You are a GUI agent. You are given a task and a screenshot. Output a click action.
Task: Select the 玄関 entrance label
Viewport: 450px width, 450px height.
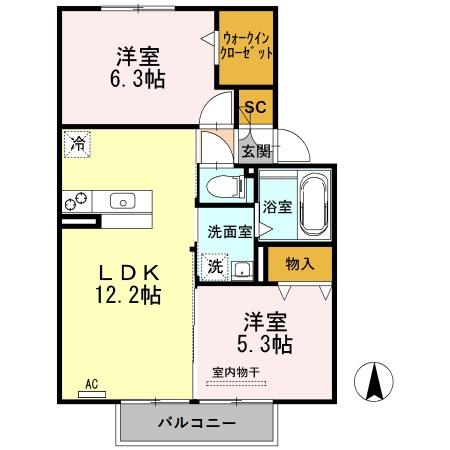[x=256, y=151]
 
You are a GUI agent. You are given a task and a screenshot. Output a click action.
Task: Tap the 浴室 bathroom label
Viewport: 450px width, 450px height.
[x=277, y=209]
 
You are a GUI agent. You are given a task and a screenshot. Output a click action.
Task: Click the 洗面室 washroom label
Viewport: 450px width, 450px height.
[x=229, y=231]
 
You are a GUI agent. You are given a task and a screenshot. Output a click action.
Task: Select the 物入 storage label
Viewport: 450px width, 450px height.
[x=299, y=264]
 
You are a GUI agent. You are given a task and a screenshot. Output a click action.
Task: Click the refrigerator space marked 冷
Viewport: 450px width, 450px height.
[x=77, y=143]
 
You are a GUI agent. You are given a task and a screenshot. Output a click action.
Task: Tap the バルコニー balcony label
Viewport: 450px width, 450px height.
[x=196, y=423]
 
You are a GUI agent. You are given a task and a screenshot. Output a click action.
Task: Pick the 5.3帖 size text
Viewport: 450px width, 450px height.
[x=266, y=345]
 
